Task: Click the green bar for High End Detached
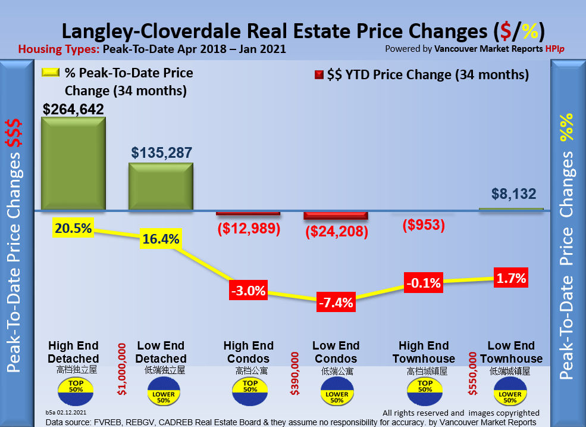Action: pos(73,163)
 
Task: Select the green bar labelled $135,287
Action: pos(161,186)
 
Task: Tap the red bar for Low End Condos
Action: pos(336,215)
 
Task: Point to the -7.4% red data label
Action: pos(336,302)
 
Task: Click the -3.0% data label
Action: pos(248,291)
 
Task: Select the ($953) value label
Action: pos(424,225)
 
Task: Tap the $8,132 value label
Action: pos(514,194)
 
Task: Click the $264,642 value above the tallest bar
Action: pos(73,109)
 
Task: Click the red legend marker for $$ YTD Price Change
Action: pos(318,75)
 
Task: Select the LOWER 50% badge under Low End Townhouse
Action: pos(510,394)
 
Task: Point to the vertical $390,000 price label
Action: pos(294,373)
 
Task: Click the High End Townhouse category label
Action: pos(424,352)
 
